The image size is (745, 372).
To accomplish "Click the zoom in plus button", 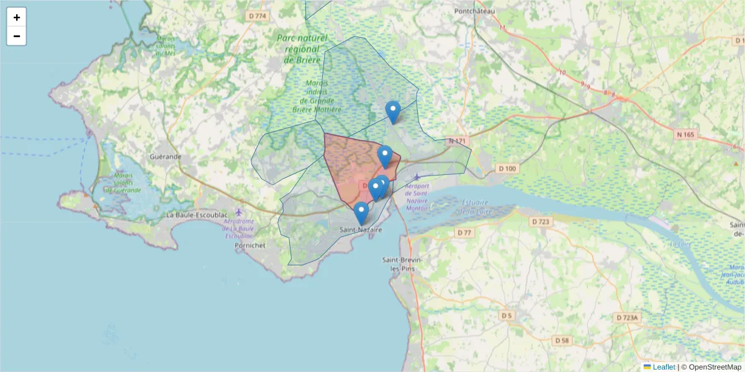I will point(17,17).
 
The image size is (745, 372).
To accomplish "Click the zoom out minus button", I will point(17,36).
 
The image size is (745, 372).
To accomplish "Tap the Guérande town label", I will point(165,157).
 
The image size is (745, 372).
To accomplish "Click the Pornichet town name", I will point(250,246).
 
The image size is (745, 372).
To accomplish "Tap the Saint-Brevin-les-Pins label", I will point(402,263).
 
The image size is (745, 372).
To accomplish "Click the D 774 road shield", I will point(256,15).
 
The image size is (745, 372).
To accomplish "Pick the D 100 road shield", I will point(507,169).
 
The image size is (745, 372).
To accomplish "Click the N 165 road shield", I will point(686,134).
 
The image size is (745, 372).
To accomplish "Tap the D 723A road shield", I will point(627,317).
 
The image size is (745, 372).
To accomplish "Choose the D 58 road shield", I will point(561,340).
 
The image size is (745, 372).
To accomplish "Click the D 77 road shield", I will point(464,232).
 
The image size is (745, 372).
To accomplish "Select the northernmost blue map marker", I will point(392,112).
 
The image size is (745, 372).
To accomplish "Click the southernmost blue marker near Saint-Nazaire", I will point(361,213).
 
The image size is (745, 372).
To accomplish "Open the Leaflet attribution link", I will point(663,367).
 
